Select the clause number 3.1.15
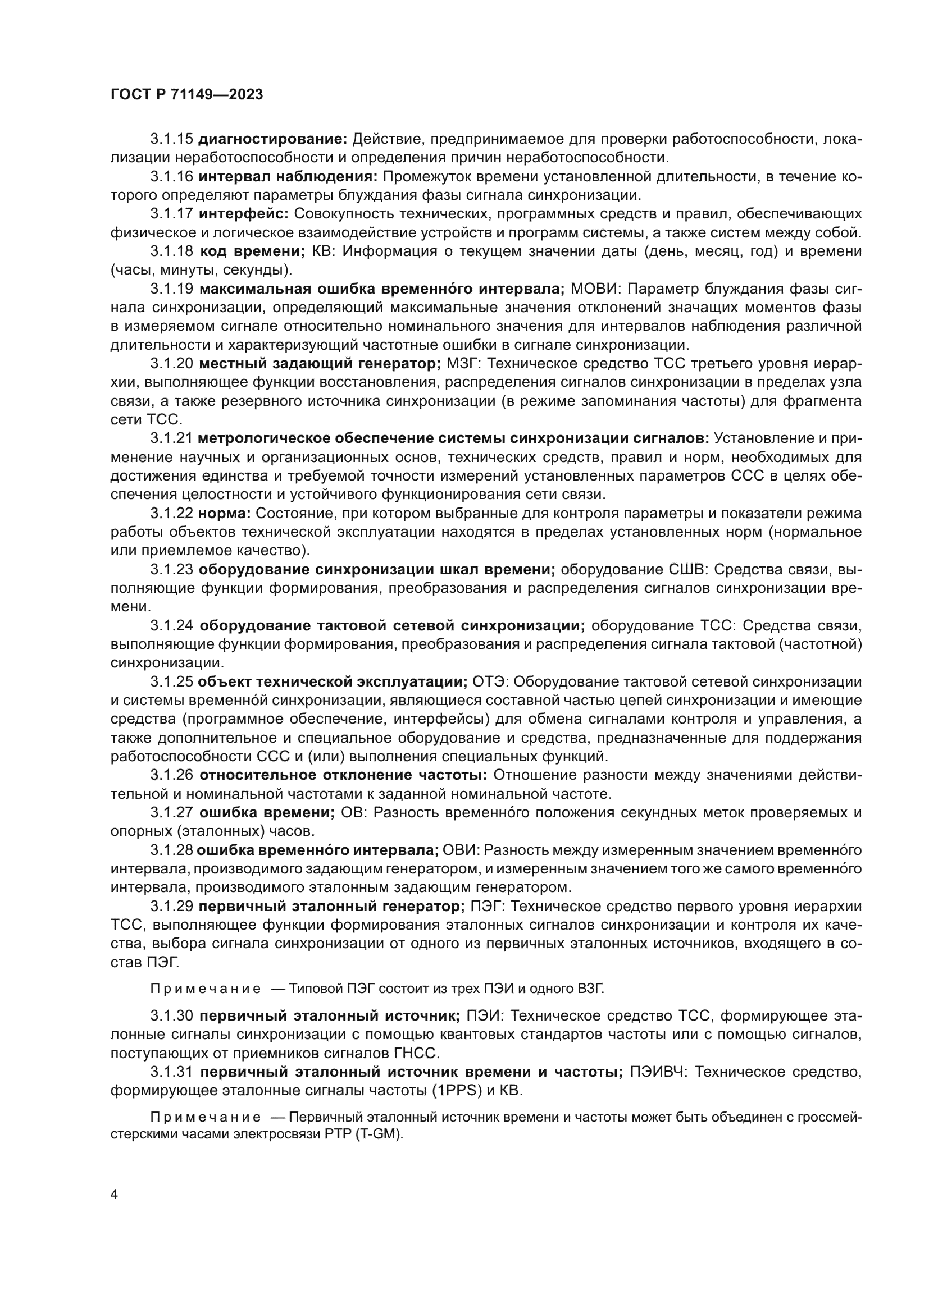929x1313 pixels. tap(172, 139)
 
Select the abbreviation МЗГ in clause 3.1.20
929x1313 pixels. tap(463, 364)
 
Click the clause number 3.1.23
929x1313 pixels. tap(172, 570)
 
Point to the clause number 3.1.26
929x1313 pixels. tap(172, 775)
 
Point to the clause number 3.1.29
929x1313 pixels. tap(172, 907)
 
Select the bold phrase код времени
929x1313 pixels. tap(252, 251)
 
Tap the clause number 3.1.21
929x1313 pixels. tap(172, 438)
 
